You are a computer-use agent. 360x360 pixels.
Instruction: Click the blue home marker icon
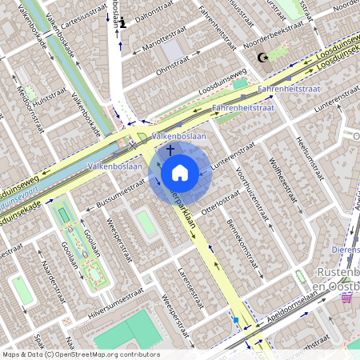click(179, 172)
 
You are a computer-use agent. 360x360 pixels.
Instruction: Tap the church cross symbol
click(170, 150)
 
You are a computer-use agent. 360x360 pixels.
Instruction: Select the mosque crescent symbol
click(261, 57)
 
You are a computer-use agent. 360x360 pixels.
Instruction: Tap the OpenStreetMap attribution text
click(80, 354)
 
